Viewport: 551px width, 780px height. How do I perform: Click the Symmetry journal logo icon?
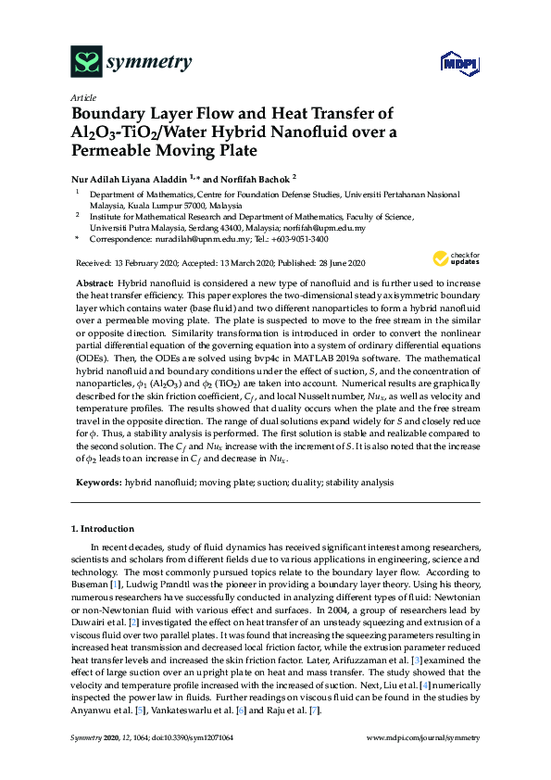pyautogui.click(x=86, y=62)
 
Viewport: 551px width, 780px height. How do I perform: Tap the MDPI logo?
pyautogui.click(x=451, y=63)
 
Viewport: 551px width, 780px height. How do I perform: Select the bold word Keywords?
pyautogui.click(x=96, y=483)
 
